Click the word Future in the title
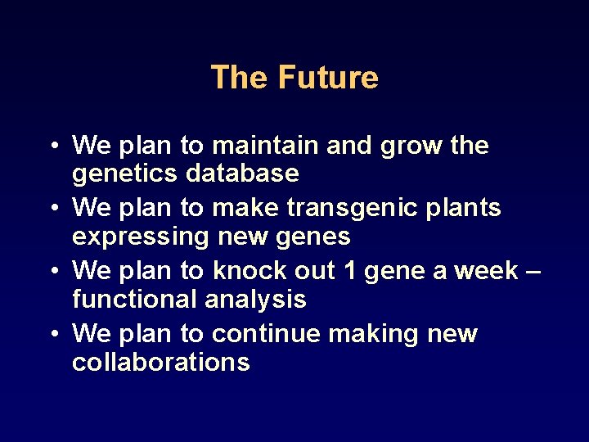coord(328,78)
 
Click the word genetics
coord(126,174)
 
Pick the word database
coord(242,174)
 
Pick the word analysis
coord(255,300)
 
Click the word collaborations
coord(161,362)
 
